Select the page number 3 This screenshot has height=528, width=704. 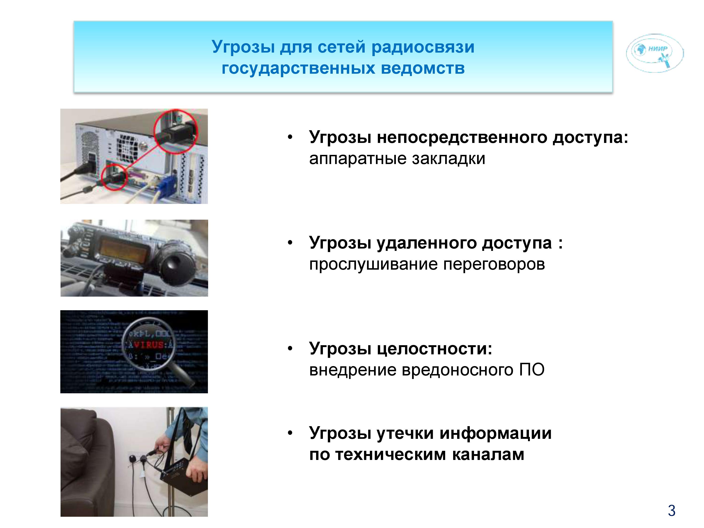click(x=672, y=511)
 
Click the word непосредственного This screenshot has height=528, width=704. click(x=462, y=138)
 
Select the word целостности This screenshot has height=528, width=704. click(x=434, y=349)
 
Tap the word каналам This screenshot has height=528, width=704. click(x=488, y=455)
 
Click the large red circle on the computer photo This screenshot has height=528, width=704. click(x=176, y=131)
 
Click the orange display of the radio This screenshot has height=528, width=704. click(x=124, y=250)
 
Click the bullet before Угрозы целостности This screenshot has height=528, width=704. click(x=290, y=348)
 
